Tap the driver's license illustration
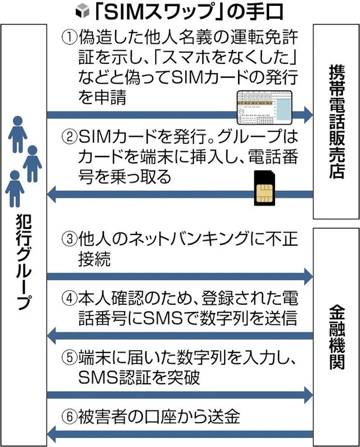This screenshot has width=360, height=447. click(x=264, y=106)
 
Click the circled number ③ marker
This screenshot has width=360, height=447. click(x=69, y=239)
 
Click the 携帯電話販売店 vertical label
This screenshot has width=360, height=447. click(x=336, y=121)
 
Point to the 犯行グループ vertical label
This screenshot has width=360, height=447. click(x=22, y=265)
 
